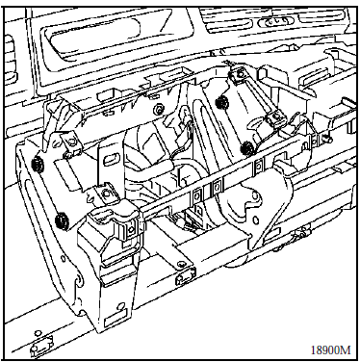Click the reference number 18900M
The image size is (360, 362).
(x=330, y=349)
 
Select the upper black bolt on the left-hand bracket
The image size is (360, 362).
(x=38, y=164)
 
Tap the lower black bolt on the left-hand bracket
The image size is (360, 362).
(x=61, y=220)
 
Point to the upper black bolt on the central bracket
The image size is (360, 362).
(x=220, y=102)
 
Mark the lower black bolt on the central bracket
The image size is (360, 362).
(x=247, y=147)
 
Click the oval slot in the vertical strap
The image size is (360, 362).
(x=111, y=159)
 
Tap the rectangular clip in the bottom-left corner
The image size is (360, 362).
(x=41, y=344)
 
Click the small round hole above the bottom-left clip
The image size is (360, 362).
(x=38, y=332)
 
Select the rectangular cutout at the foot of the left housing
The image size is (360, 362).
(x=112, y=320)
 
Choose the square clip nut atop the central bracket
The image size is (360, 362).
(x=239, y=75)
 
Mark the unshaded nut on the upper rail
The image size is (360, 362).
(x=158, y=108)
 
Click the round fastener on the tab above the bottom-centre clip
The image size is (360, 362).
(x=181, y=264)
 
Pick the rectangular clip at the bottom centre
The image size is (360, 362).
(x=186, y=276)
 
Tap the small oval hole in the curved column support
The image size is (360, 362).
(x=256, y=221)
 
